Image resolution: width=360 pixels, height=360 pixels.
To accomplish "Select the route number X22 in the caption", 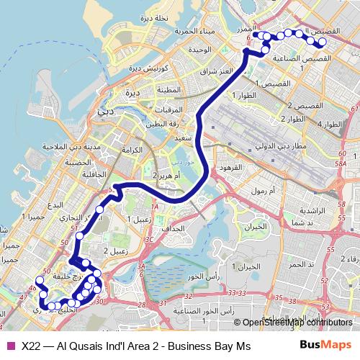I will [31, 346].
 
